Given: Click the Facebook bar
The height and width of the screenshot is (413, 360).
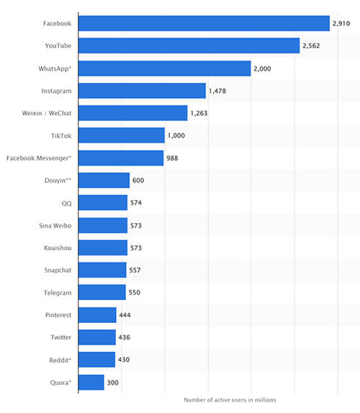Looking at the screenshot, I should (x=204, y=24).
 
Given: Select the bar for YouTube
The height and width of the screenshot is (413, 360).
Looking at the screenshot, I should (x=189, y=46).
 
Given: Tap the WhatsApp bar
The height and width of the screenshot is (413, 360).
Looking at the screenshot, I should (x=164, y=68).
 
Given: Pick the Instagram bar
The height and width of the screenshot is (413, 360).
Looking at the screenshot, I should (x=142, y=91).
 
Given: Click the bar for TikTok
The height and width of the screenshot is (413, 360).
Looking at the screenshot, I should (x=121, y=136).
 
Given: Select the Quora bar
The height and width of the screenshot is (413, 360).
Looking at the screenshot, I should (x=91, y=382).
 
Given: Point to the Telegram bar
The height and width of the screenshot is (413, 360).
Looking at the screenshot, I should (x=102, y=292).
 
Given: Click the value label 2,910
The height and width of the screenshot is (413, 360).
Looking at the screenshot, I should (x=341, y=24).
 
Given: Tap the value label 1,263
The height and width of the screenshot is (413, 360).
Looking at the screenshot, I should (x=199, y=113).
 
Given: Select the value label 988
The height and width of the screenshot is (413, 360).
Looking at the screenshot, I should (x=172, y=158).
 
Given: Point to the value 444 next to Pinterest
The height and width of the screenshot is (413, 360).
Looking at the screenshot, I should (x=125, y=315).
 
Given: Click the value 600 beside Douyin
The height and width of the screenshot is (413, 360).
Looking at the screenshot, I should (x=138, y=180).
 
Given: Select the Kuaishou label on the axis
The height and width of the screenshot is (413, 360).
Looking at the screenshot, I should (x=58, y=247).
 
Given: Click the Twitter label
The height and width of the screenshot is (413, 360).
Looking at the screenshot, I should (x=60, y=337).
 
